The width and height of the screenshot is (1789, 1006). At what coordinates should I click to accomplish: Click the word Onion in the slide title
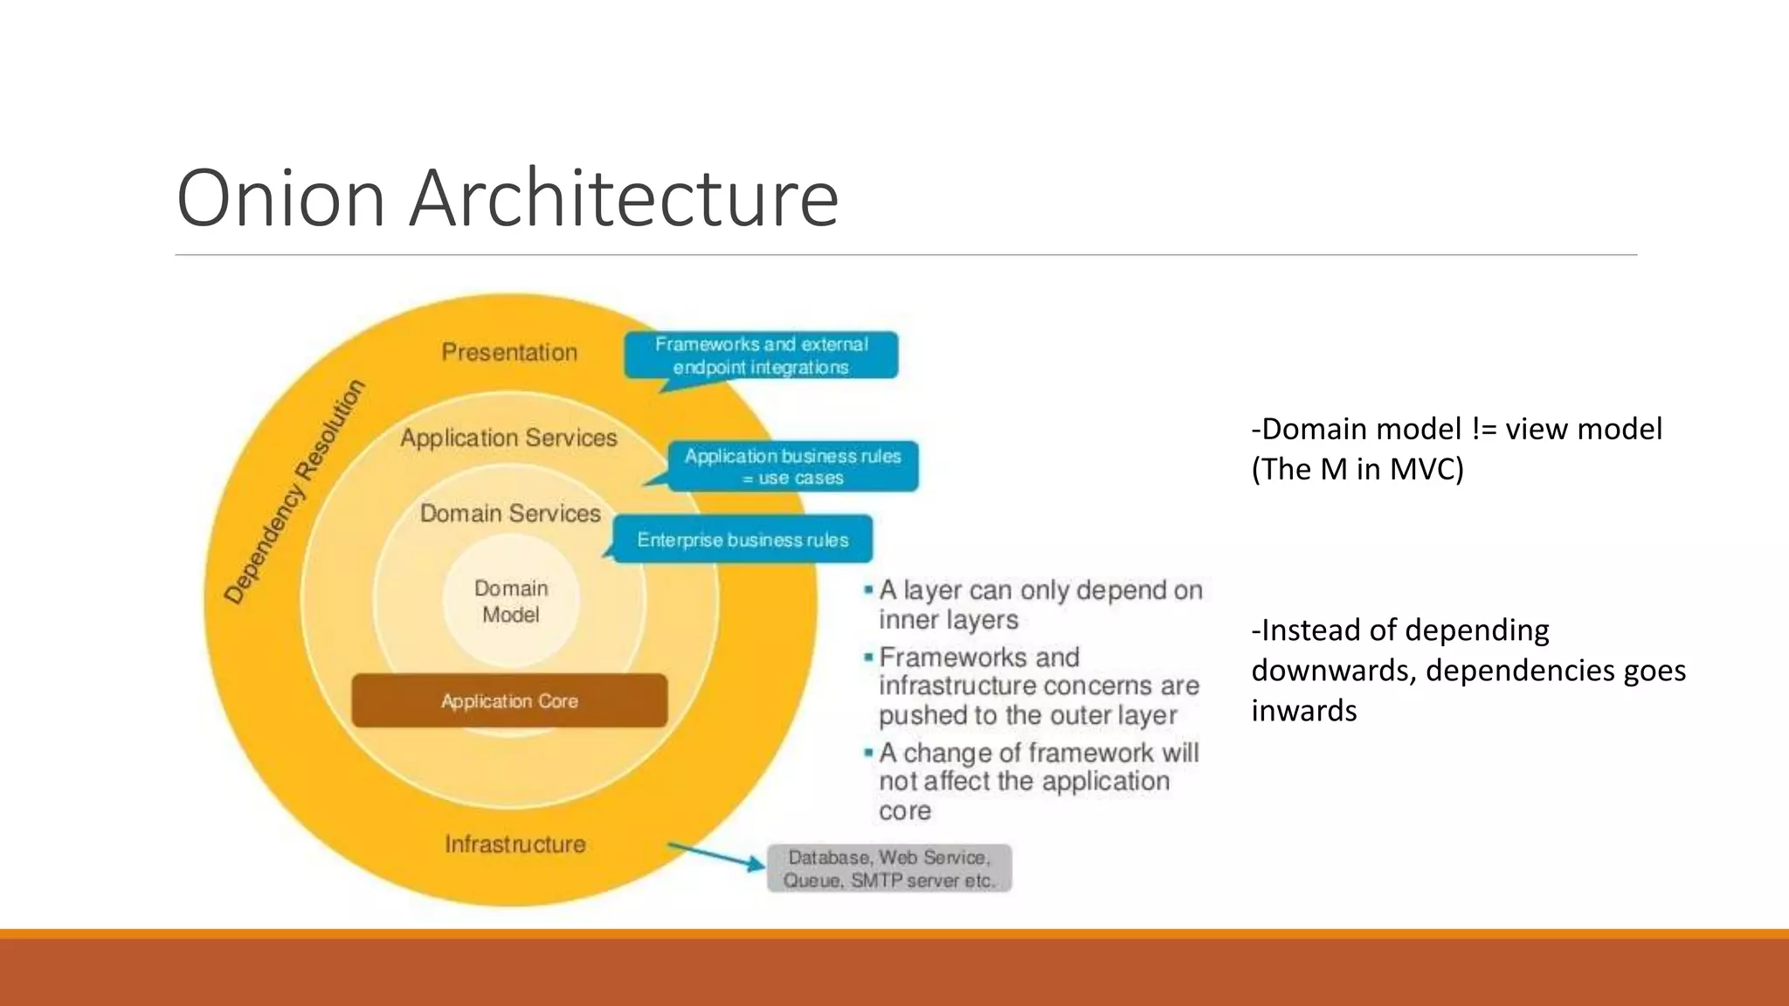(280, 198)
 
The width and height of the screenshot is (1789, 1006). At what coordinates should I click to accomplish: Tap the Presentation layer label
(509, 352)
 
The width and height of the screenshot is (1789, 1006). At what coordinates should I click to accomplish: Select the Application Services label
(508, 438)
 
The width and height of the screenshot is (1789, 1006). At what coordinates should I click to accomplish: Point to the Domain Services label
(510, 513)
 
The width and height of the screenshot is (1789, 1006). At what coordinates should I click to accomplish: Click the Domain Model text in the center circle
(511, 602)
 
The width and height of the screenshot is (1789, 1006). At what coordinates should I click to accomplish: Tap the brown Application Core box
(509, 700)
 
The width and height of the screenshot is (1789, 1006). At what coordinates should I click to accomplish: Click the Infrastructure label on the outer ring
(515, 844)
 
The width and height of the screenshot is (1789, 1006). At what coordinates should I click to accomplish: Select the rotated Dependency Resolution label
(294, 492)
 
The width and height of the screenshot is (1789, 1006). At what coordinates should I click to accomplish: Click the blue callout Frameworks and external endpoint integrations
(761, 355)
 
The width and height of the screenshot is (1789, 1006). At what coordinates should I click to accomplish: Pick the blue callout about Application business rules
(792, 466)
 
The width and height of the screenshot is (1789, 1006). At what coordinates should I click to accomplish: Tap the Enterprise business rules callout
(743, 540)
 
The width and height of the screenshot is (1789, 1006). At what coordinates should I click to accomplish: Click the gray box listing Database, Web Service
(889, 868)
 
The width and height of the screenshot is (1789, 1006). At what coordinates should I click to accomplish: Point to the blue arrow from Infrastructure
(716, 856)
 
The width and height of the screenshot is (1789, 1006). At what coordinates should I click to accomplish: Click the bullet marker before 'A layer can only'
(868, 591)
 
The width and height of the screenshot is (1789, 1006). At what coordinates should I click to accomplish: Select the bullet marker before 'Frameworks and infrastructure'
(868, 657)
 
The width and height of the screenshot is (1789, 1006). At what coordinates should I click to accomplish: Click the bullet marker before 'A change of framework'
(868, 752)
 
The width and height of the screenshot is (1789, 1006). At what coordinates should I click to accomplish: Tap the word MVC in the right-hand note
(1422, 470)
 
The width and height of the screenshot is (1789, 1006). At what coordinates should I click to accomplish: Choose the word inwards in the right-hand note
(1304, 711)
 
